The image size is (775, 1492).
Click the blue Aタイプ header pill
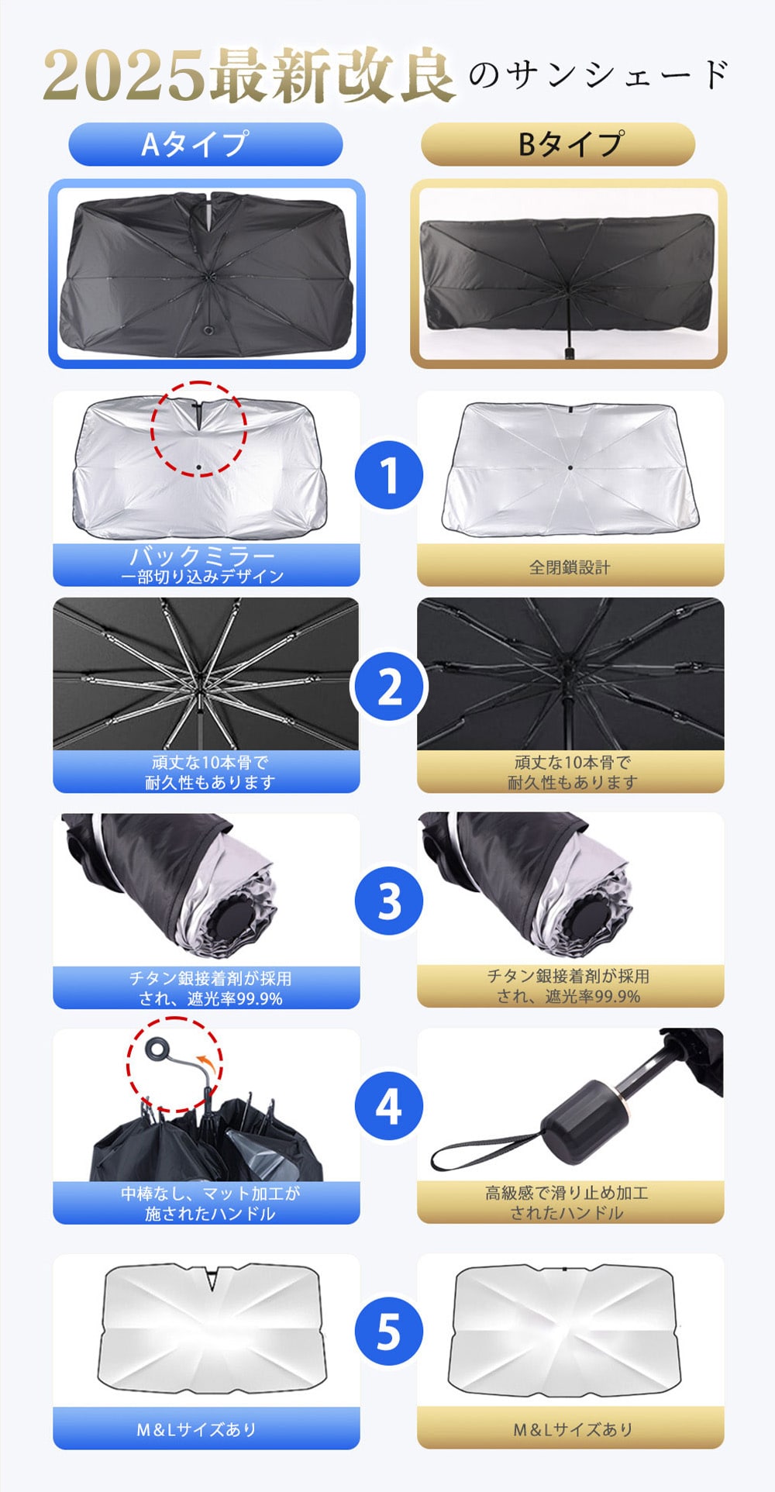pos(205,144)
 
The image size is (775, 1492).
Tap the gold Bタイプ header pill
pos(558,144)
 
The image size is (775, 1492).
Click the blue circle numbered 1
pos(389,475)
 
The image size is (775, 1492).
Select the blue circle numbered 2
pos(389,687)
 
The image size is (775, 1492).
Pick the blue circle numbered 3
pos(389,901)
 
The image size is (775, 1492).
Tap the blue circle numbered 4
pos(389,1106)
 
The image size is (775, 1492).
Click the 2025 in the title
pos(124,76)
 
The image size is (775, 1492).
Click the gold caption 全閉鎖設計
pos(570,567)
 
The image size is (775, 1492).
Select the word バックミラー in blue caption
pos(202,556)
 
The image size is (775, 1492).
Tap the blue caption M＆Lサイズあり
pos(197,1429)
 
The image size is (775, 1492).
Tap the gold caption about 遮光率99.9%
pos(569,986)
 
